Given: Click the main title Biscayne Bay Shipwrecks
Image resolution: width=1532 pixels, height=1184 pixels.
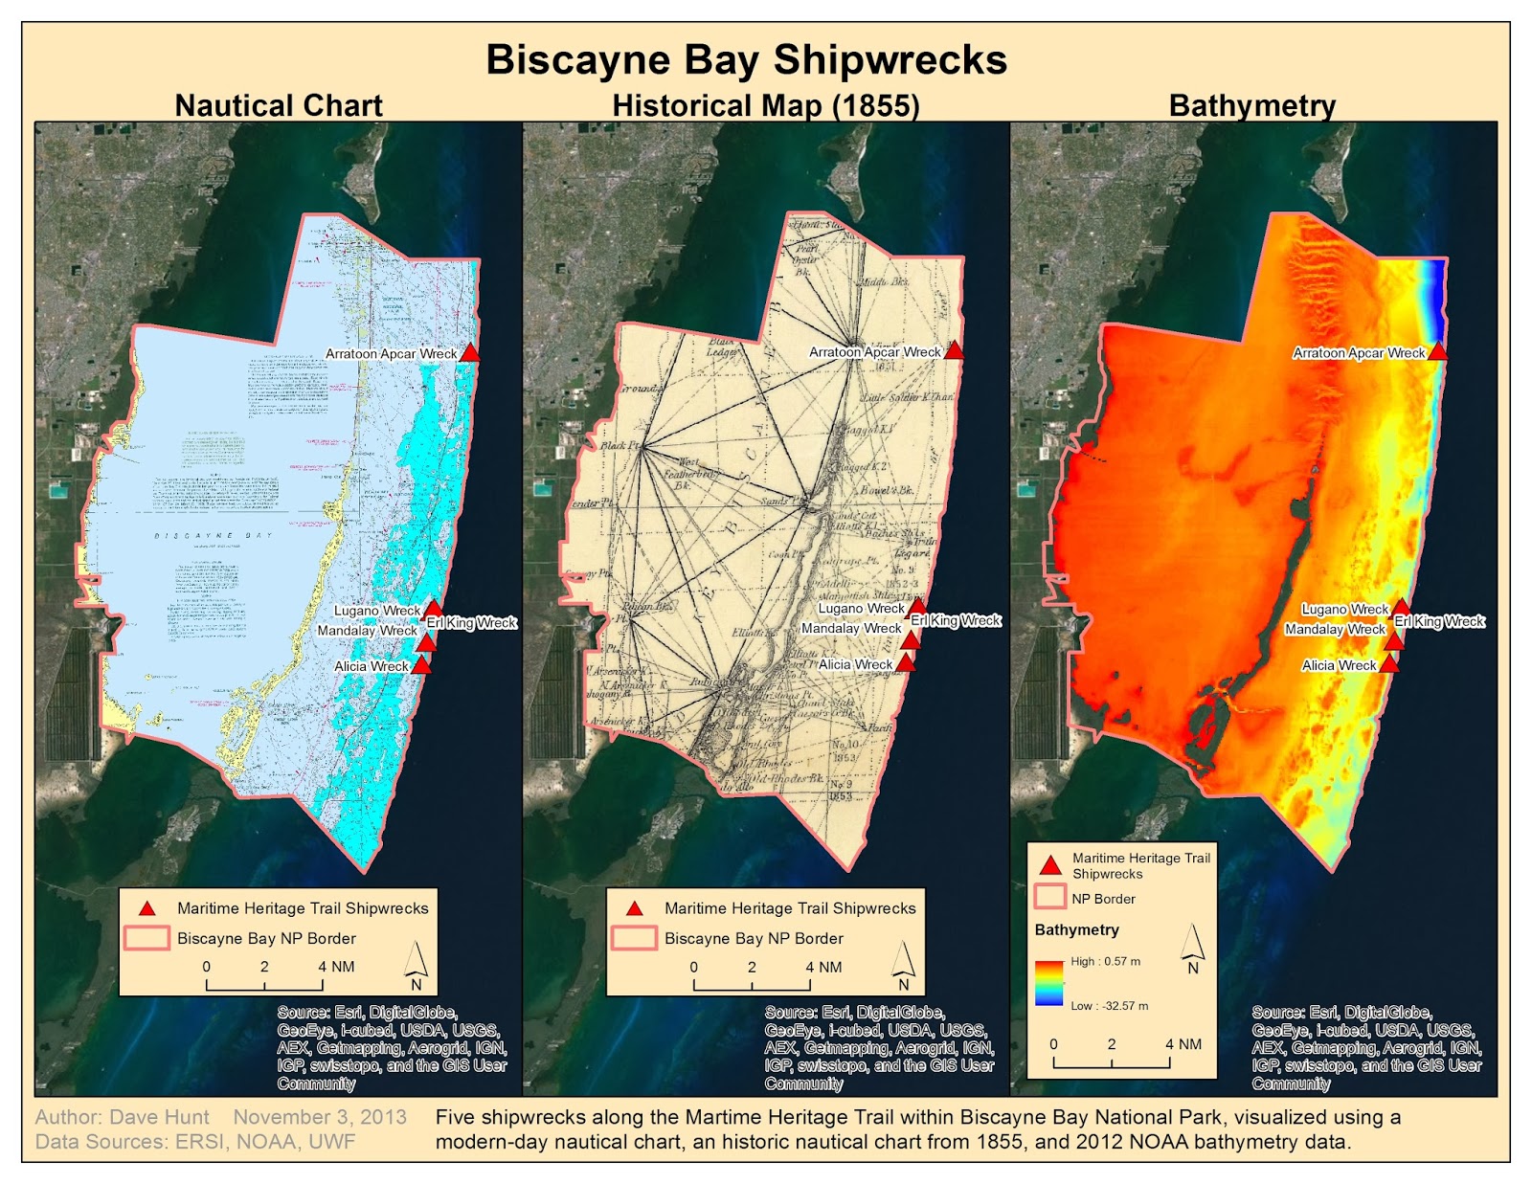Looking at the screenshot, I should [746, 59].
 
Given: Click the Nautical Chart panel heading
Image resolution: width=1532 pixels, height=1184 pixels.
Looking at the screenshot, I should [279, 105].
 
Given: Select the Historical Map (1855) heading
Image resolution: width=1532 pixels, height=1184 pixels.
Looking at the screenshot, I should [766, 105].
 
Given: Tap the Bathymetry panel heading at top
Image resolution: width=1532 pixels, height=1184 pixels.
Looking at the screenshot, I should [1251, 105].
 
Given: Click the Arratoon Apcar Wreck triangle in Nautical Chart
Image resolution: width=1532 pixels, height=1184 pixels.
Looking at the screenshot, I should [469, 352].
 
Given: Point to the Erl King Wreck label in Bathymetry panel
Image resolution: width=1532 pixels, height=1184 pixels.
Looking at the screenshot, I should [1439, 621].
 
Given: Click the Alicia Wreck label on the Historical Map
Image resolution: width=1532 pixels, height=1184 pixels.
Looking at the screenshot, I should [855, 664].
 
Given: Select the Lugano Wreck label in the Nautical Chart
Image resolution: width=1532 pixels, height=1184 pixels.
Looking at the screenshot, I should [377, 611].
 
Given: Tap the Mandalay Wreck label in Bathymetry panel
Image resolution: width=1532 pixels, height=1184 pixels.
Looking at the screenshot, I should [1335, 629].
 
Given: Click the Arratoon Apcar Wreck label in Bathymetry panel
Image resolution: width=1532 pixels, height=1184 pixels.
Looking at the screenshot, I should [1359, 353].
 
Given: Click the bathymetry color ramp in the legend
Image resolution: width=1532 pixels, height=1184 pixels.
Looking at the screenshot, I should [1049, 983].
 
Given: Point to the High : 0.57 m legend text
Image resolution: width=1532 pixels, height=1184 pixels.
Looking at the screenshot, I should [1105, 961].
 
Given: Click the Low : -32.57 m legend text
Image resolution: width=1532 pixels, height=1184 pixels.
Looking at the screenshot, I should [1109, 1006].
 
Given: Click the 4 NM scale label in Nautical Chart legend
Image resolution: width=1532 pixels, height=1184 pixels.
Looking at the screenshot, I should [336, 967].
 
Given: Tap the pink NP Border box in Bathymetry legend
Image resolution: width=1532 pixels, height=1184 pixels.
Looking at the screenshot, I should [1050, 898].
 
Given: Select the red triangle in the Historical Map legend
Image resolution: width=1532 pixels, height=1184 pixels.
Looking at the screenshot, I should [634, 908].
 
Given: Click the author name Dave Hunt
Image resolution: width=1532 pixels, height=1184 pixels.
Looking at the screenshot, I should [159, 1117].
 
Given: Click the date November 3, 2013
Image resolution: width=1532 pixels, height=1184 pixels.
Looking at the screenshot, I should [320, 1117].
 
